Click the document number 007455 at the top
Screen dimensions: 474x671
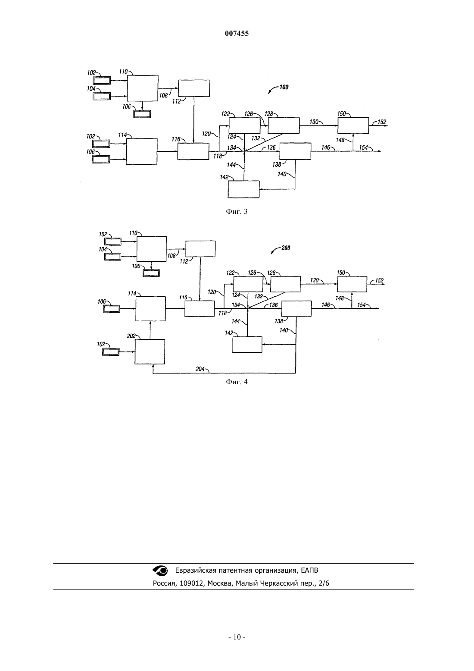coord(237,33)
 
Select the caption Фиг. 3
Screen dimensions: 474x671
coord(237,211)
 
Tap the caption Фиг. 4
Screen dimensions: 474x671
coord(237,382)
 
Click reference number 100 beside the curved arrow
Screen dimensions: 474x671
coord(284,87)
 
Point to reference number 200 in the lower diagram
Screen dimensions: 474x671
coord(286,248)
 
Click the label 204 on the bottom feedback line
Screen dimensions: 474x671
coord(200,369)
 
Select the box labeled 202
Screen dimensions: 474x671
coord(150,352)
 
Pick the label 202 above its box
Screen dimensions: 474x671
coord(131,336)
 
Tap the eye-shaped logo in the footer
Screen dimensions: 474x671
coord(160,571)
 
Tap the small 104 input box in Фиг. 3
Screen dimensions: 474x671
coord(102,97)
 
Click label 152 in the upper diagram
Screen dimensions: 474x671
coord(382,122)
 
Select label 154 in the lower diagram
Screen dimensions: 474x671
coord(362,305)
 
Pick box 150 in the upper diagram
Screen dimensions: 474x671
coord(353,125)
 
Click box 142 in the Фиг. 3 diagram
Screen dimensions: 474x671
coord(243,189)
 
